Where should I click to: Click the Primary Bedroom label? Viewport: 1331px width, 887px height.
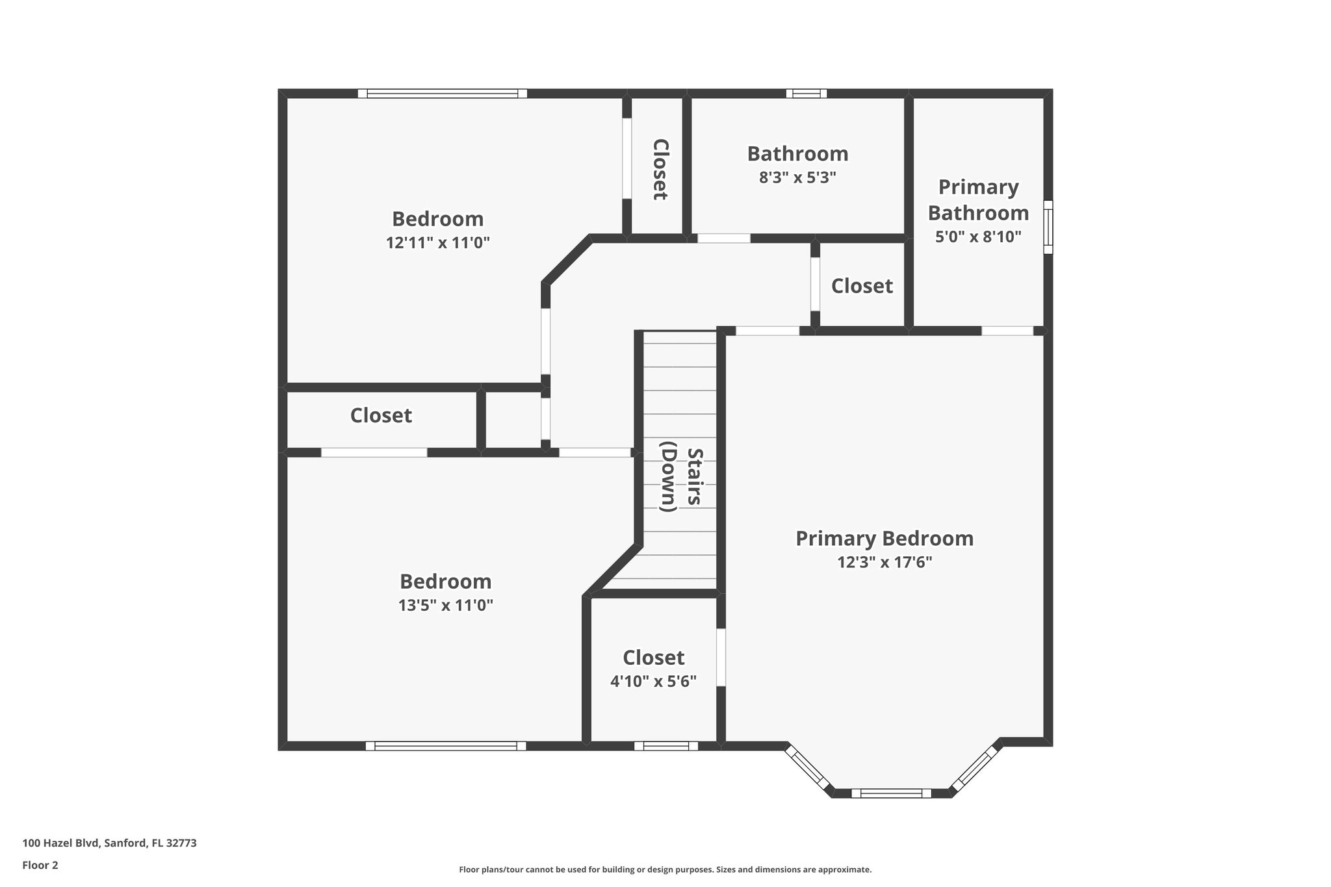[885, 539]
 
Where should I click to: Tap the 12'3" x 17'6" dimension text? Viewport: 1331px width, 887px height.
[885, 562]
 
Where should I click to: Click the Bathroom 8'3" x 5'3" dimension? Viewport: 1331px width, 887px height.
[797, 177]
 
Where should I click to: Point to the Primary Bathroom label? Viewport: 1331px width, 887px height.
[978, 199]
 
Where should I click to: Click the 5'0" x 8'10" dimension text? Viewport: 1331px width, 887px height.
[978, 237]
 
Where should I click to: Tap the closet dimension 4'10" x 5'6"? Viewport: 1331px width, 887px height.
[653, 682]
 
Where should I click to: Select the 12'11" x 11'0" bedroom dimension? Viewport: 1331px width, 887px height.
[437, 243]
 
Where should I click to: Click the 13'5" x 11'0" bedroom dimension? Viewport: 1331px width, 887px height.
[445, 606]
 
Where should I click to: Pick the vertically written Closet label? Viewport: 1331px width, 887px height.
[659, 169]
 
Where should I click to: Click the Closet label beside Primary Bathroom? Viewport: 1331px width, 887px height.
[862, 286]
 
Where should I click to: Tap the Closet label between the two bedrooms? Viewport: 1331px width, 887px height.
[381, 416]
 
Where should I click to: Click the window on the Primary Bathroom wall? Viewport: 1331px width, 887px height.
[1048, 227]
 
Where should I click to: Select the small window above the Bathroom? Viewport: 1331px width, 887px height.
[806, 94]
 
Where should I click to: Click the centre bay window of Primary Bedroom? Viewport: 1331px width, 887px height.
[891, 793]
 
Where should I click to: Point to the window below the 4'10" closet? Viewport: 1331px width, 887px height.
[666, 746]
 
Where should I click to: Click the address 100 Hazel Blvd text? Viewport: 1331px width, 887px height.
[109, 843]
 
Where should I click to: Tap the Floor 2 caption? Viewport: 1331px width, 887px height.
[40, 866]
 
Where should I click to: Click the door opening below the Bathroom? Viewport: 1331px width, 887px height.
[723, 238]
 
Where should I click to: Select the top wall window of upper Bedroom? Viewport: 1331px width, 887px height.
[442, 94]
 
